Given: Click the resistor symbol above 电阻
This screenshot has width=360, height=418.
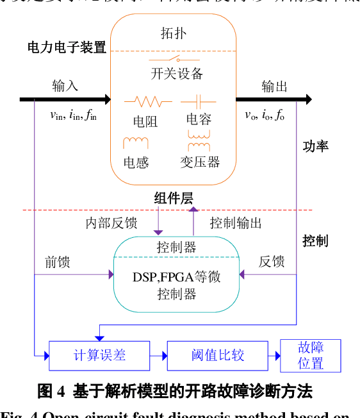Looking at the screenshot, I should tap(147, 101).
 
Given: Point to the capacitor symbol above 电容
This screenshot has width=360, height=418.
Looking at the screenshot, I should tap(197, 101).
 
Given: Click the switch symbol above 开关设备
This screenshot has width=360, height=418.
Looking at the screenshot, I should tap(176, 60).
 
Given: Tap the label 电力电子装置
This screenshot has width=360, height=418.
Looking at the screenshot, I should tap(67, 47).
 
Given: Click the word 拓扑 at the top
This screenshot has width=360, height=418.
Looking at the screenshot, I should tap(174, 33).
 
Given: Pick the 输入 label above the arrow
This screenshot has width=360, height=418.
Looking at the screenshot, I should tap(65, 86).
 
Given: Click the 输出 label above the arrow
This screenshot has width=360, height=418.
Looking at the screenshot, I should tap(274, 86).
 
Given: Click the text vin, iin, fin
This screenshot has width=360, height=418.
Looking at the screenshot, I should tap(73, 115).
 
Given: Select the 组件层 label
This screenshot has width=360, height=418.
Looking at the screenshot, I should tap(174, 198).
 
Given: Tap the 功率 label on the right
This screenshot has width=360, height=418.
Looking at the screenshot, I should tap(315, 146).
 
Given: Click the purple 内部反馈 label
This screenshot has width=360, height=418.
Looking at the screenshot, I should tap(111, 223).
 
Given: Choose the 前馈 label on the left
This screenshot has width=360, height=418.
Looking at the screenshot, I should tap(58, 262).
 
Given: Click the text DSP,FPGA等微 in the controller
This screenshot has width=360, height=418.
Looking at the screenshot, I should tap(177, 277).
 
